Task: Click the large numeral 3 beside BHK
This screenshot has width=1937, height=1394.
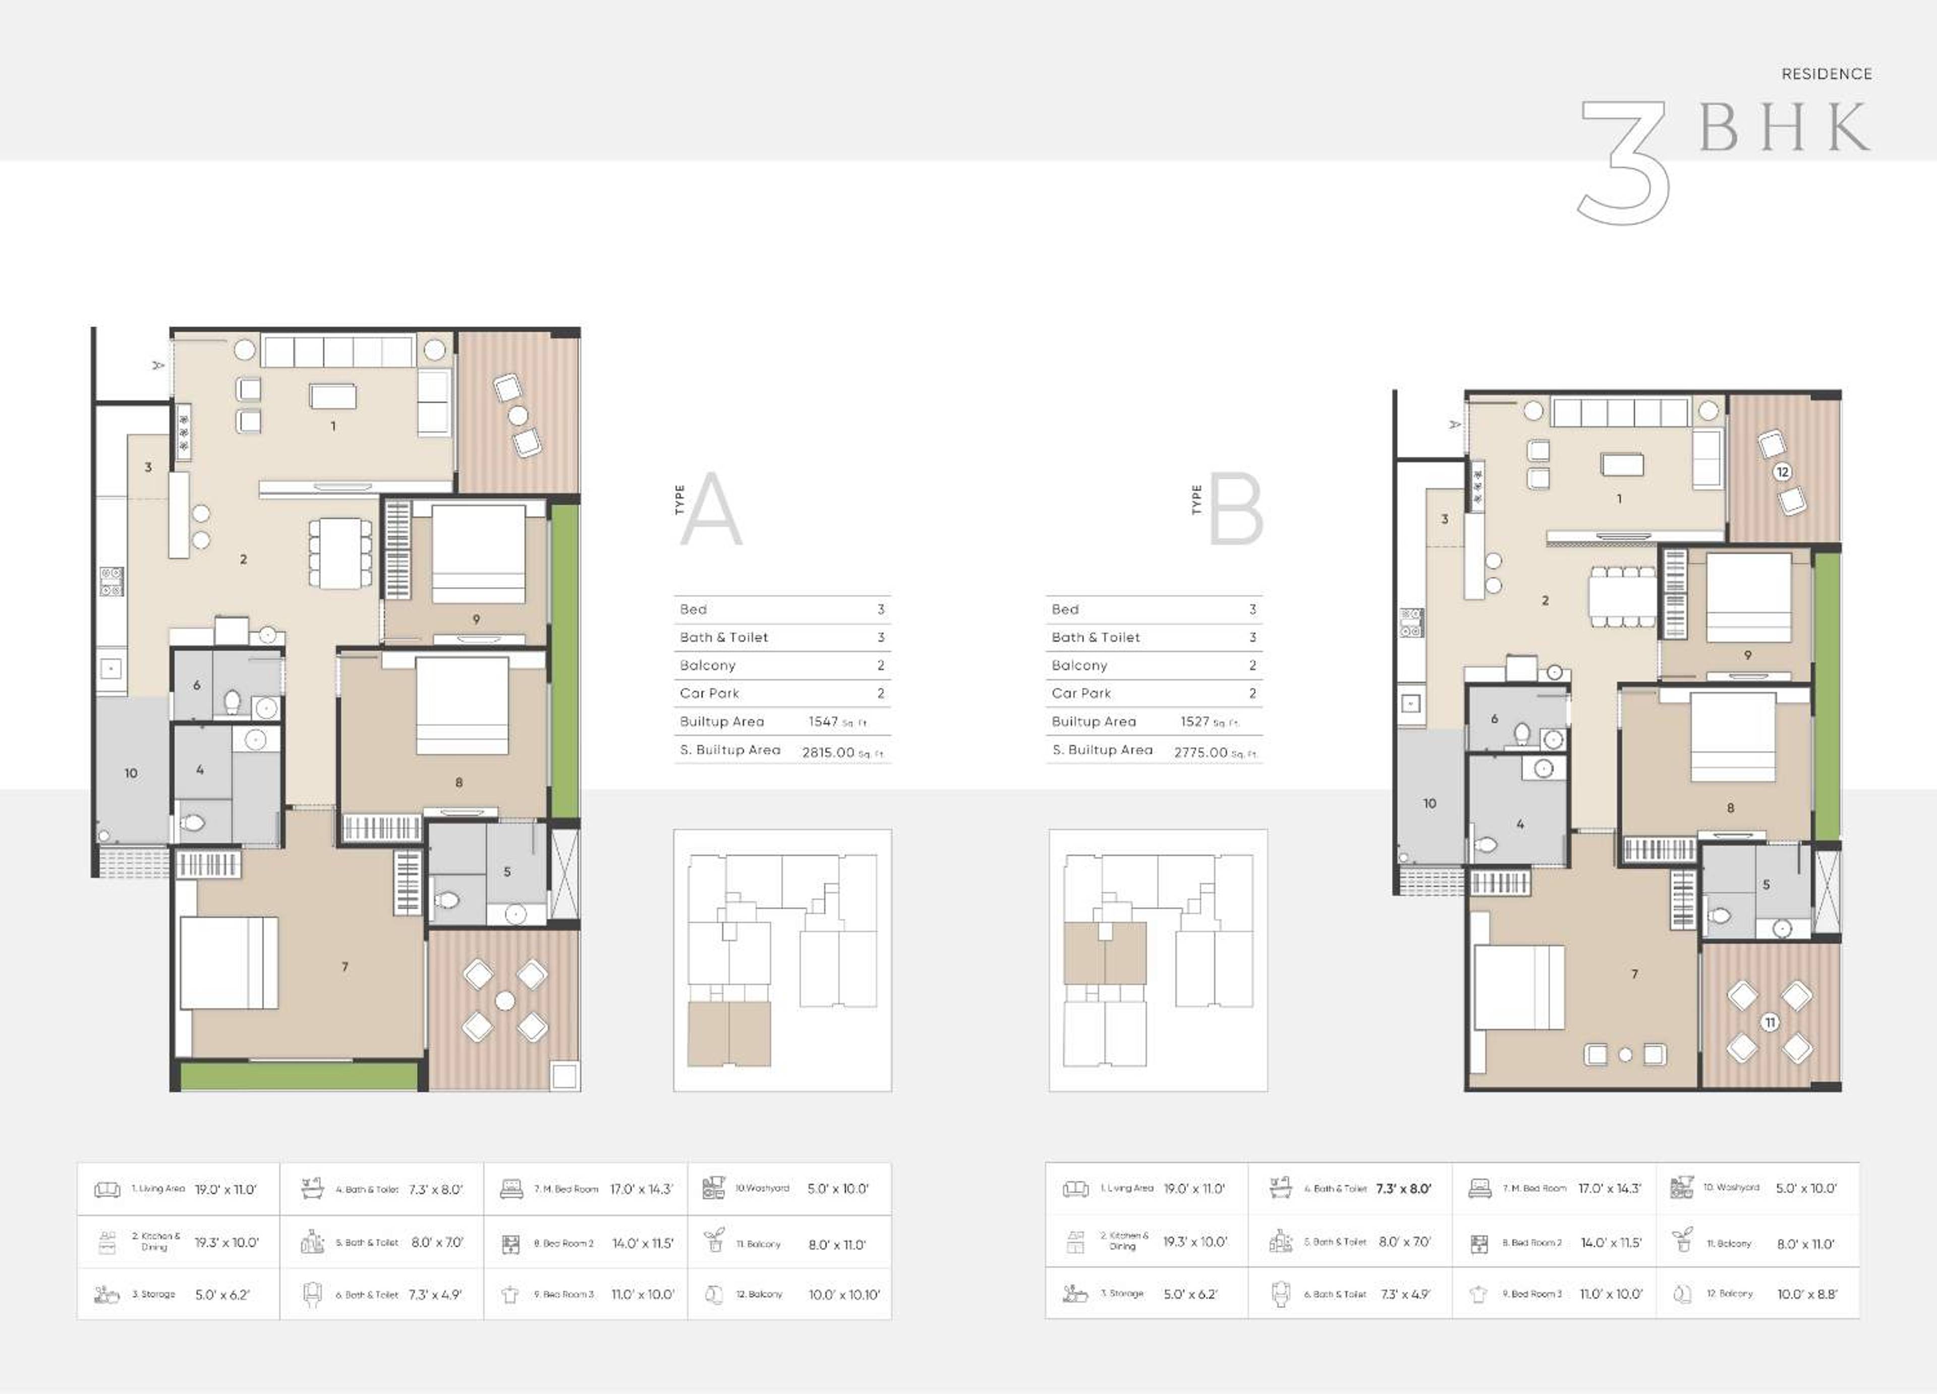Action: tap(1623, 162)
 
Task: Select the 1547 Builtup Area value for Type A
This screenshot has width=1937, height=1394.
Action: tap(823, 721)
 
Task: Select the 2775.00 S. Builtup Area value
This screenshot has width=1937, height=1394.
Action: tap(1200, 752)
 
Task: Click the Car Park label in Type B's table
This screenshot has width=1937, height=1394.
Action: tap(1081, 693)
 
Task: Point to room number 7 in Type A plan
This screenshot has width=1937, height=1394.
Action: tap(345, 966)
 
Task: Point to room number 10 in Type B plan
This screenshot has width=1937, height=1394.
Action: tap(1430, 803)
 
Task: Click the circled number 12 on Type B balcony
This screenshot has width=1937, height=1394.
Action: tap(1783, 472)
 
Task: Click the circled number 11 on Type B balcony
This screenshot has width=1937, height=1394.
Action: tap(1771, 1022)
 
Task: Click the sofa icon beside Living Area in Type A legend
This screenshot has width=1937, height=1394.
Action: tap(107, 1189)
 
